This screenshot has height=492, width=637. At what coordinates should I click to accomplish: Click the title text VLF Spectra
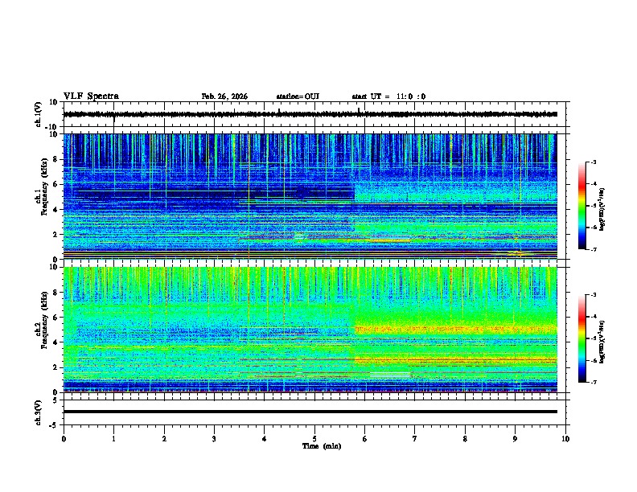click(91, 96)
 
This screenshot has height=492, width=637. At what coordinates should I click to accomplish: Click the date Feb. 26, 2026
click(224, 96)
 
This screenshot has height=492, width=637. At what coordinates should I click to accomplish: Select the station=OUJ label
click(298, 96)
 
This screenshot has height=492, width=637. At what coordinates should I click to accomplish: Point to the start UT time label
click(388, 96)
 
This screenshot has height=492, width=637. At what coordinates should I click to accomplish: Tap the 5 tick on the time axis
click(314, 438)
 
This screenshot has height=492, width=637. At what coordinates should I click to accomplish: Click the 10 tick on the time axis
click(565, 438)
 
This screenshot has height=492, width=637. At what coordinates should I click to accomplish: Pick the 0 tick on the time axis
click(64, 438)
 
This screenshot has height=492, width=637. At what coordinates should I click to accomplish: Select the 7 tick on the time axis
click(415, 438)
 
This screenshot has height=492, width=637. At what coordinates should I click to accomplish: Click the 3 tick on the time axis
click(214, 438)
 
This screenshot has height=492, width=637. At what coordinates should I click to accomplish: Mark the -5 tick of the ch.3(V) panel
click(54, 424)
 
